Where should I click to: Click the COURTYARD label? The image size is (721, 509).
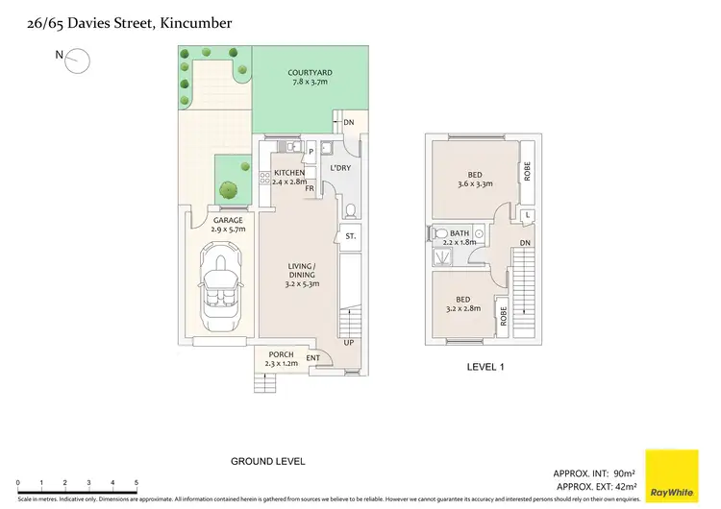click(310, 73)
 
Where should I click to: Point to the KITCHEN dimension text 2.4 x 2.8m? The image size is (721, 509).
click(289, 181)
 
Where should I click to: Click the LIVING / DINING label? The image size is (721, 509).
click(302, 273)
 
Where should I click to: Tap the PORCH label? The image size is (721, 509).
click(281, 354)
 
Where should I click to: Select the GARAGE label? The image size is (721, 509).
click(228, 220)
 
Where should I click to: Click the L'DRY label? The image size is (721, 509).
click(339, 169)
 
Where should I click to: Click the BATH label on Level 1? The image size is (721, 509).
click(459, 232)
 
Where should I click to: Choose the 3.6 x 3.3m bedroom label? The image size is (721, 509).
click(475, 183)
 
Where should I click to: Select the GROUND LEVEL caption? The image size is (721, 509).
click(267, 461)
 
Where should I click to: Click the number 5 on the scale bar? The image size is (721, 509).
click(137, 483)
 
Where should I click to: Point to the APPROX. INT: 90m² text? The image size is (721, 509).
click(594, 474)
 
